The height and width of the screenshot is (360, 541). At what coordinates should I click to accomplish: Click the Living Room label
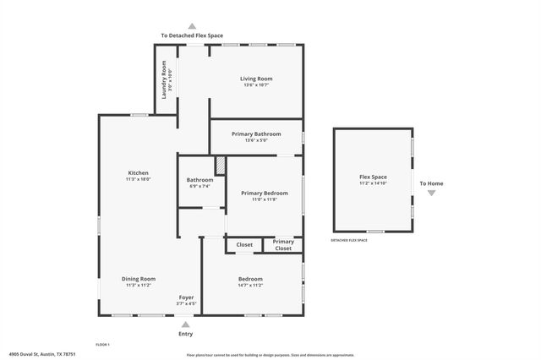coord(256,79)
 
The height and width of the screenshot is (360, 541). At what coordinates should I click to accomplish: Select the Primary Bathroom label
coord(256,134)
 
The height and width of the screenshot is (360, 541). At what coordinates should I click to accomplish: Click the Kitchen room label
coord(138,173)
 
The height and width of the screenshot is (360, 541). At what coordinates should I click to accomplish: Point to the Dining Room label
coord(139,279)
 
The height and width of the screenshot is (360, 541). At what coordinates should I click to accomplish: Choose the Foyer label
coord(186,297)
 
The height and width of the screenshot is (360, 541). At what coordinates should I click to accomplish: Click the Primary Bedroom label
coord(265,193)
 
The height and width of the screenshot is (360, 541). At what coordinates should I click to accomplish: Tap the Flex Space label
coord(373,177)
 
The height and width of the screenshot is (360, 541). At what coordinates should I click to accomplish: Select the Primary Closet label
coord(283,245)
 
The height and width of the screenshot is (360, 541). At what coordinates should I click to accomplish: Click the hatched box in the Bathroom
coord(220,165)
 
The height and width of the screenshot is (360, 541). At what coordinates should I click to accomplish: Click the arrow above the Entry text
coord(186,323)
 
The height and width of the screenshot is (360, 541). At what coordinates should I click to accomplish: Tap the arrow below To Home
coord(431,194)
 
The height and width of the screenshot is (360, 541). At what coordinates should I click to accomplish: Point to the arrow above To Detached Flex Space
coord(192,26)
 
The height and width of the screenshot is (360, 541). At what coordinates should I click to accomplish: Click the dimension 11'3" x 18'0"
coord(138,180)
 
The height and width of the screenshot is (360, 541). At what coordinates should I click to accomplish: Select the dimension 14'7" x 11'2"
coord(250,286)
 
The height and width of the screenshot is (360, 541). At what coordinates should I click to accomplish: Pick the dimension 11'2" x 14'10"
coord(373,183)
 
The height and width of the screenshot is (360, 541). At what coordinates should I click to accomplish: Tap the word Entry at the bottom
coord(186,334)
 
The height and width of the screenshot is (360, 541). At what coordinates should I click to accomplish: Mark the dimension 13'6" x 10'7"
coord(256,85)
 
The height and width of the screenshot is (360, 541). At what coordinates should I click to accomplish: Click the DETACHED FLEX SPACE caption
coord(349,241)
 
